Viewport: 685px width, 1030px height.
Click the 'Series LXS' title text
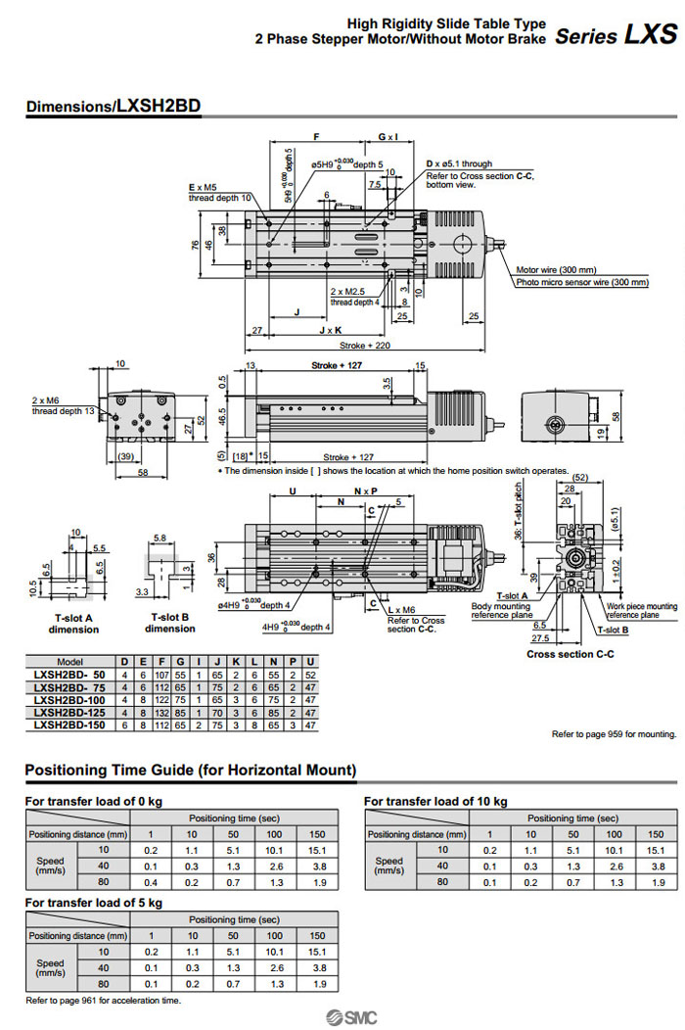pos(616,36)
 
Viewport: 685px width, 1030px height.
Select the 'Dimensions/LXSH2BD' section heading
pos(114,107)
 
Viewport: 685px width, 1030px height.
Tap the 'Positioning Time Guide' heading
pos(190,770)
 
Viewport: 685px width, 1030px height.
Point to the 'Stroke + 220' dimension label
pos(364,346)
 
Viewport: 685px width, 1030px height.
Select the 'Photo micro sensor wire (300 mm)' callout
pos(582,282)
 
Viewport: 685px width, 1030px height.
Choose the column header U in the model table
pos(309,662)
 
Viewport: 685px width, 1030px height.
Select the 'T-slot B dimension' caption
pos(170,624)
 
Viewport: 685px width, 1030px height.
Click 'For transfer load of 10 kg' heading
pos(435,801)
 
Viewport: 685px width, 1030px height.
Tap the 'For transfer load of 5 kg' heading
pos(93,902)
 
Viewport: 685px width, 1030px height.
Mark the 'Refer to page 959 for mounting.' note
pos(614,734)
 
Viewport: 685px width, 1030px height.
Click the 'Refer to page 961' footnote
pos(103,1000)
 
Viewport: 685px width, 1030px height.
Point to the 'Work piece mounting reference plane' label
pos(641,610)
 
